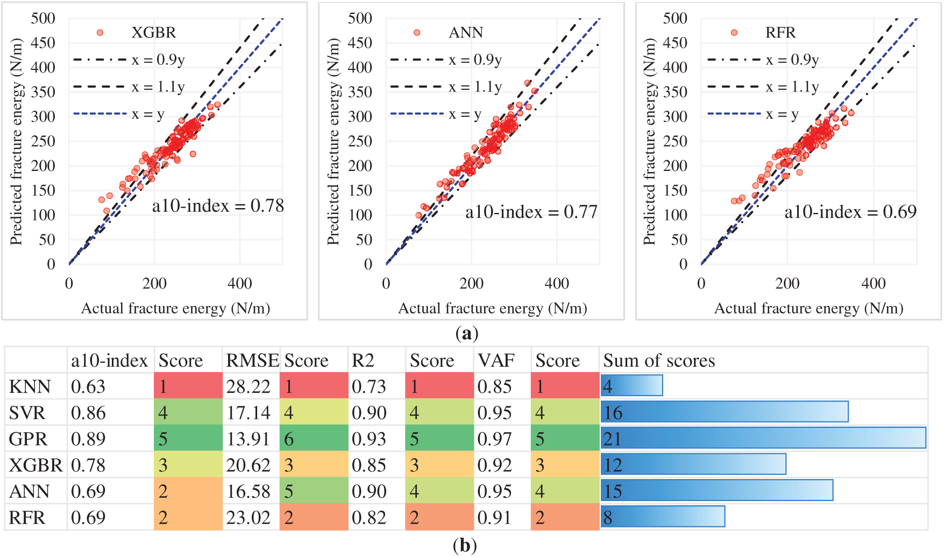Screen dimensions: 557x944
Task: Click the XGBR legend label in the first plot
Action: tap(153, 33)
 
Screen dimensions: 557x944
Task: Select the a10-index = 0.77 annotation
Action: tap(531, 212)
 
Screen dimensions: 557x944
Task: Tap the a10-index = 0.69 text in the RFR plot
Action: tap(850, 212)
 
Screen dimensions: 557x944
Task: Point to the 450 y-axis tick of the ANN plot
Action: tap(360, 43)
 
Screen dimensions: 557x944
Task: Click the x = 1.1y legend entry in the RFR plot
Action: tap(792, 87)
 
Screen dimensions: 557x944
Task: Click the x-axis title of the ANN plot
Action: tap(492, 309)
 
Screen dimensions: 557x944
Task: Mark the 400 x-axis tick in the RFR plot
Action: tap(873, 283)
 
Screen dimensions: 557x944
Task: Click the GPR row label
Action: tap(28, 439)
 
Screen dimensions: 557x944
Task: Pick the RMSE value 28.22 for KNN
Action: tap(248, 387)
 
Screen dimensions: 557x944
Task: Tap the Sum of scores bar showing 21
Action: tap(763, 438)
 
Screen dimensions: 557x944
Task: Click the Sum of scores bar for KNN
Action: tap(632, 385)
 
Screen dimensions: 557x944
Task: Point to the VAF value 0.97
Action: tap(494, 439)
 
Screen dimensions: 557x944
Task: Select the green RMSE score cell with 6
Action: tap(314, 439)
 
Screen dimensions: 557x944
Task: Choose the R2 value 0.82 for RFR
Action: tap(369, 518)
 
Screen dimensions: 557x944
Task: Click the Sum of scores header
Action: tap(659, 360)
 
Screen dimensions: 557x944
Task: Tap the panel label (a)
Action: tap(466, 334)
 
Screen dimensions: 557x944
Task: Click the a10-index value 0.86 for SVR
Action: tap(88, 413)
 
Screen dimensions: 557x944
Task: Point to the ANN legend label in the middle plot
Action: tap(466, 33)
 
